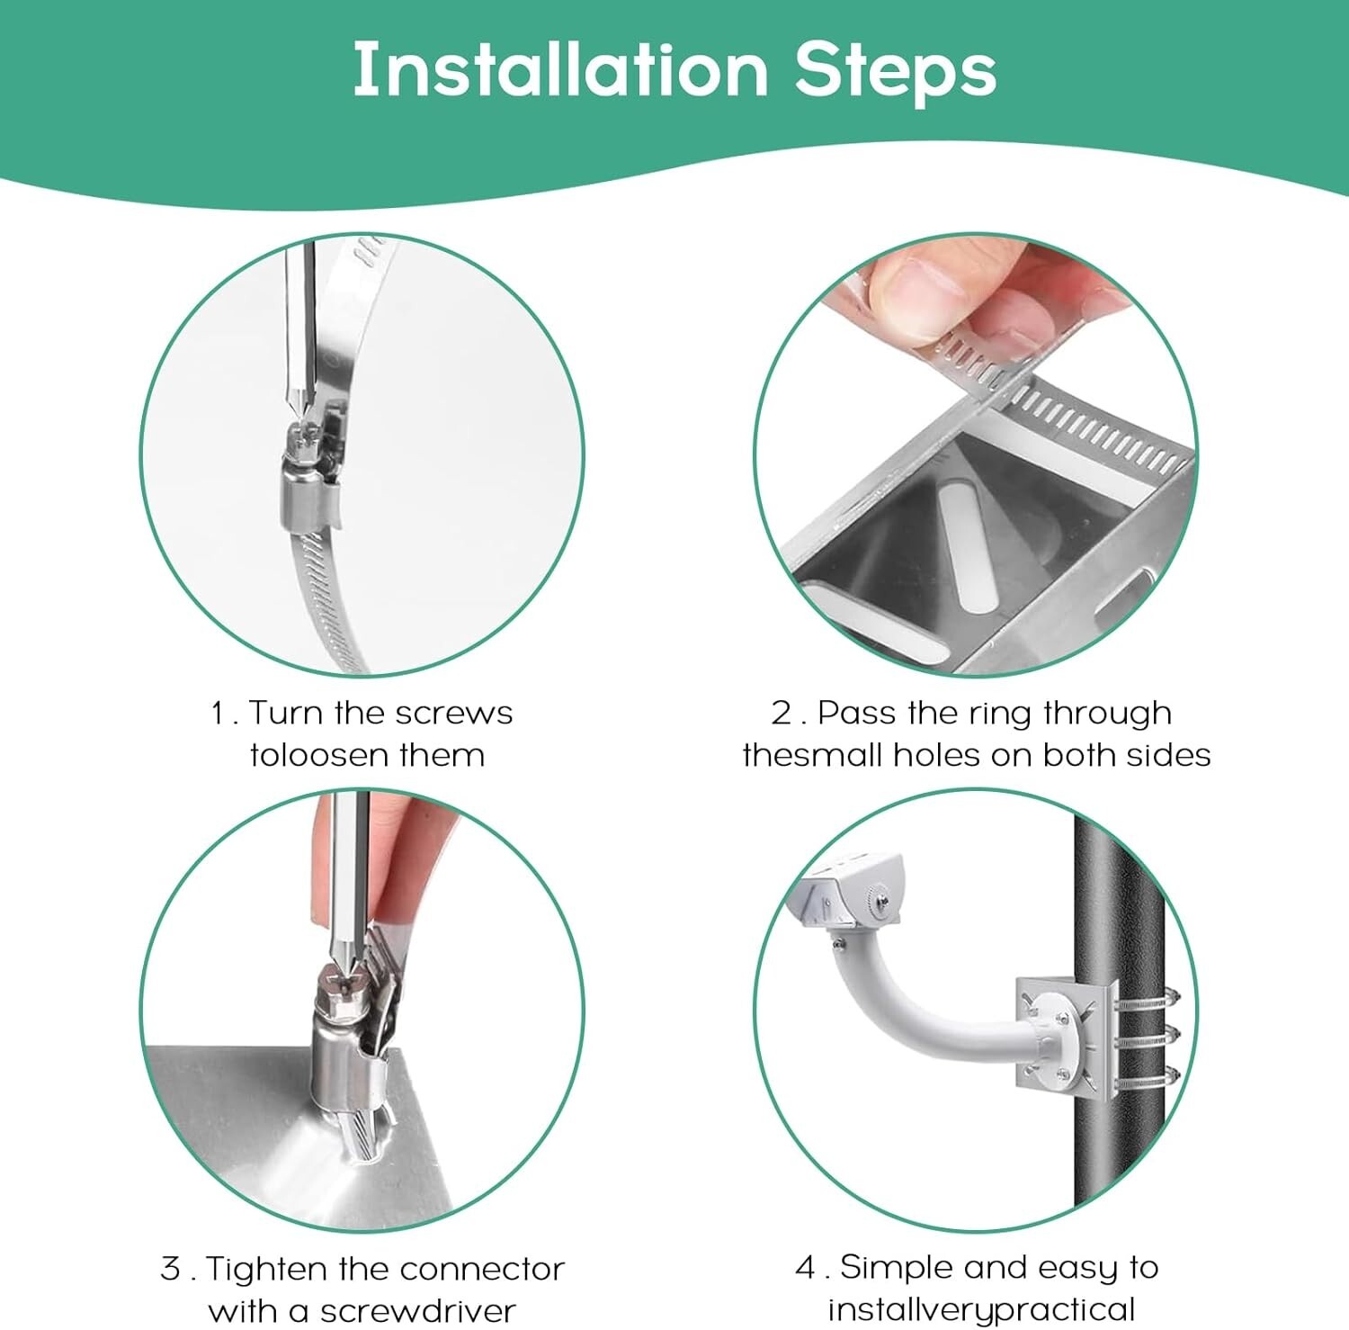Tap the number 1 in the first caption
219,714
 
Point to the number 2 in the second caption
782,714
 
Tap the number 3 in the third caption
171,1269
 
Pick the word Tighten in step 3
266,1269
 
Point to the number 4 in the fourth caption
806,1268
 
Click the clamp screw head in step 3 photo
341,979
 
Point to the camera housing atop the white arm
854,894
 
